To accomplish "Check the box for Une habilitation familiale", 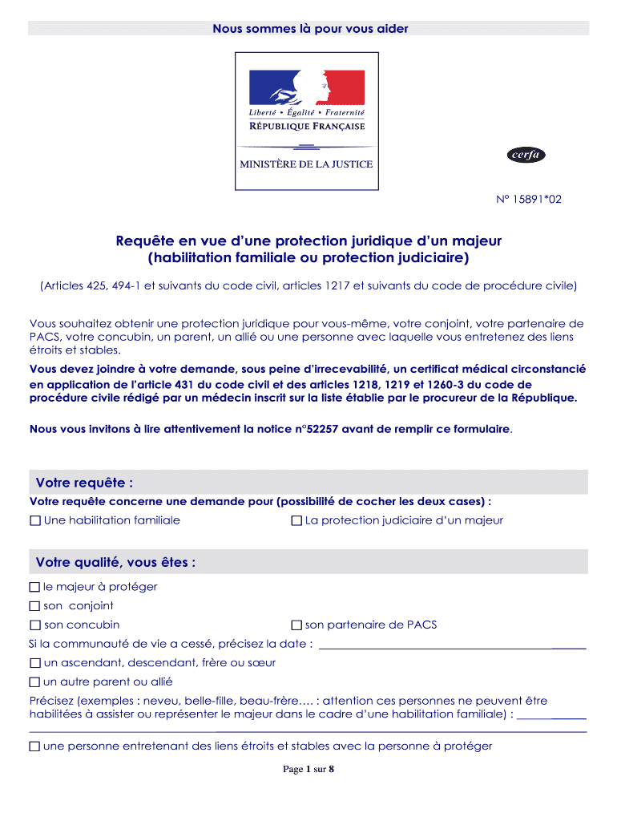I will [x=35, y=521].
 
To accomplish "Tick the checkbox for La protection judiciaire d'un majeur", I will [x=296, y=521].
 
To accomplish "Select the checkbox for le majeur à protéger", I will [x=35, y=587].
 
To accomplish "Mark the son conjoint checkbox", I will [x=35, y=606].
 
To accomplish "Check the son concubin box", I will [x=35, y=625].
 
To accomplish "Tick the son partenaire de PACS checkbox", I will [x=296, y=625].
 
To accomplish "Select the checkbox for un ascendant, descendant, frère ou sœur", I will [x=35, y=663].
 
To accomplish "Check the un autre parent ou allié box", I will [x=35, y=682].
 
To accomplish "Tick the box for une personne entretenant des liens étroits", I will [x=35, y=746].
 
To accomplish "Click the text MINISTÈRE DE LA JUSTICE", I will [x=307, y=164].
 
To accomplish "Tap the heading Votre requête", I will [x=84, y=482].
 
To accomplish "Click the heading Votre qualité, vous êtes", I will [x=115, y=562].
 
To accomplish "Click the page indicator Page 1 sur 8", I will [x=308, y=770].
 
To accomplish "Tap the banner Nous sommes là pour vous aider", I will [x=309, y=29].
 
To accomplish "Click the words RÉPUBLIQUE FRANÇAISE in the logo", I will [x=307, y=127].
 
